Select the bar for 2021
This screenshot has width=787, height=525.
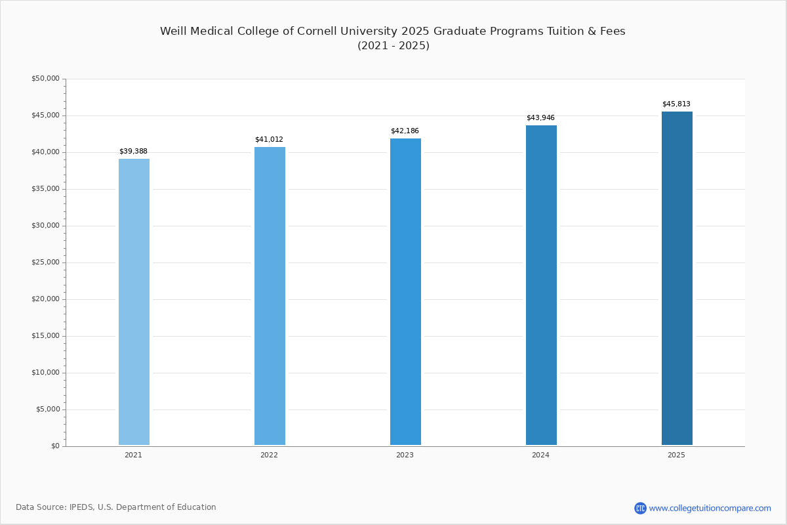[134, 302]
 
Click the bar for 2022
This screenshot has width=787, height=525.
[270, 296]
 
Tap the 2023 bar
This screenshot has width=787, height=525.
[405, 292]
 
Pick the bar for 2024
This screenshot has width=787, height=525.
[541, 285]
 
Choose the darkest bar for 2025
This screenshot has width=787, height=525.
[677, 278]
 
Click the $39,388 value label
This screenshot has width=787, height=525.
[133, 152]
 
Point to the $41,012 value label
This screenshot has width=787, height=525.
[269, 140]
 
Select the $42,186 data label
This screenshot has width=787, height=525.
[405, 131]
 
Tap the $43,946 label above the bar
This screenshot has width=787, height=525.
[540, 118]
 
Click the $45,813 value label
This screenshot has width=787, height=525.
[676, 104]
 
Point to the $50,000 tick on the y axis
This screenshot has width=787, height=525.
[45, 79]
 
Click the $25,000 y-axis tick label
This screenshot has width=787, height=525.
[45, 262]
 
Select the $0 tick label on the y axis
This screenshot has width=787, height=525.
[54, 446]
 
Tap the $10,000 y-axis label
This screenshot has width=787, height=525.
[45, 373]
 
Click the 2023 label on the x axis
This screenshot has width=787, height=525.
[405, 455]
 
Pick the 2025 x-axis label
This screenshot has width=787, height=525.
[676, 455]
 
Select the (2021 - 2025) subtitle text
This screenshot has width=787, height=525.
[393, 46]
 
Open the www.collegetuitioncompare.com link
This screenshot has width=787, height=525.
[710, 508]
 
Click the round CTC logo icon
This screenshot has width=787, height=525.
[640, 508]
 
